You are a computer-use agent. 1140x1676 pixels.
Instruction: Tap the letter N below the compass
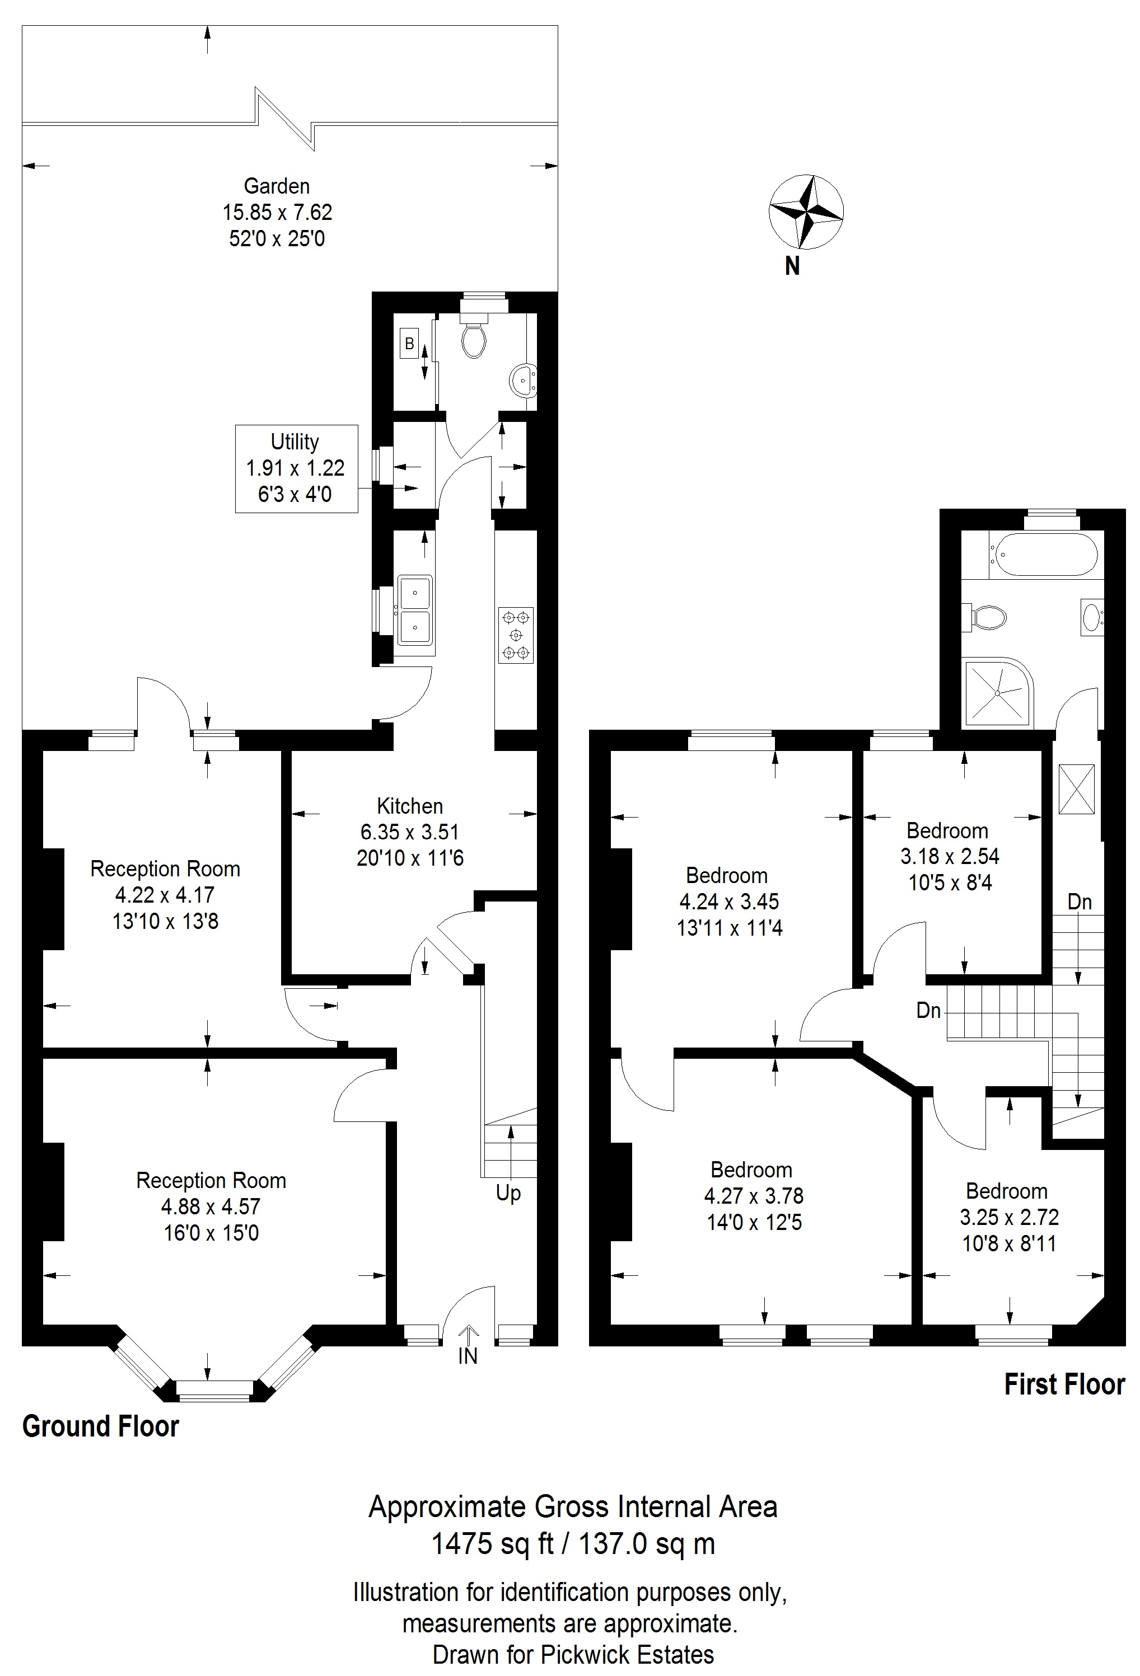(792, 267)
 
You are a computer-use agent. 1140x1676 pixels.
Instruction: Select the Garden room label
(277, 186)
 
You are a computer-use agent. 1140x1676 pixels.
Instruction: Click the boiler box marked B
(409, 344)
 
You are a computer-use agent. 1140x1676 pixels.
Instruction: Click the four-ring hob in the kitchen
(516, 635)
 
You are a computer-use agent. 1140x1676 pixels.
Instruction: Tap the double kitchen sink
(415, 610)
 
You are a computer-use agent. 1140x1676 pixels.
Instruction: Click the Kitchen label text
(410, 806)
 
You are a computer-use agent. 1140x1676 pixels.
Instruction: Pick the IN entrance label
(468, 1356)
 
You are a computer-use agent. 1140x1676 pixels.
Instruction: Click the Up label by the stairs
(508, 1194)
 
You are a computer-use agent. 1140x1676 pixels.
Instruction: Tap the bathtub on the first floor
(1043, 555)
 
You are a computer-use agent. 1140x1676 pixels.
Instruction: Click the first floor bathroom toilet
(985, 617)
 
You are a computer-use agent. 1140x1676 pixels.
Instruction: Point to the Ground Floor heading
(100, 1426)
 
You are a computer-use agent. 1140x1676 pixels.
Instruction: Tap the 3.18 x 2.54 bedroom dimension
(950, 857)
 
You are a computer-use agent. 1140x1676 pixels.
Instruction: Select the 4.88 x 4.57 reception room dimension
(211, 1206)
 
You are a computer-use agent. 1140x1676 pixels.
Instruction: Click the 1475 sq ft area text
(493, 1544)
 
